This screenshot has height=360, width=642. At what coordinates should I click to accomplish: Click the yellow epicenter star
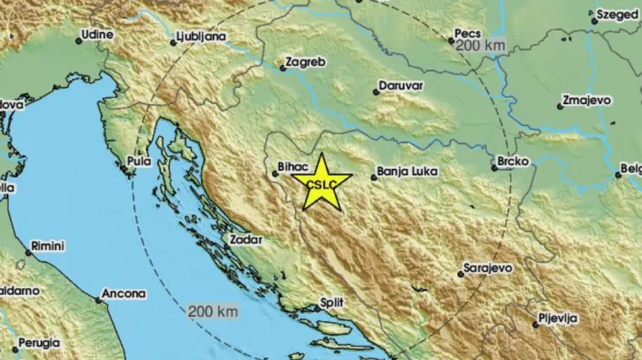point(320,183)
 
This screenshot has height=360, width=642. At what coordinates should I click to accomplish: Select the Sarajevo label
point(490,269)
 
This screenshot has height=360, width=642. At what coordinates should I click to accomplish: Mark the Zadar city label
point(244,239)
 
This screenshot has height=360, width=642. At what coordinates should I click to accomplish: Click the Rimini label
point(49,245)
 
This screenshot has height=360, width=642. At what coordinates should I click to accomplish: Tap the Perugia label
point(38,343)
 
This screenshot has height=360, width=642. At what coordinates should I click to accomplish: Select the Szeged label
point(618,14)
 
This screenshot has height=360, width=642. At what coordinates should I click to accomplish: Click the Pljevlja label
point(559,319)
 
